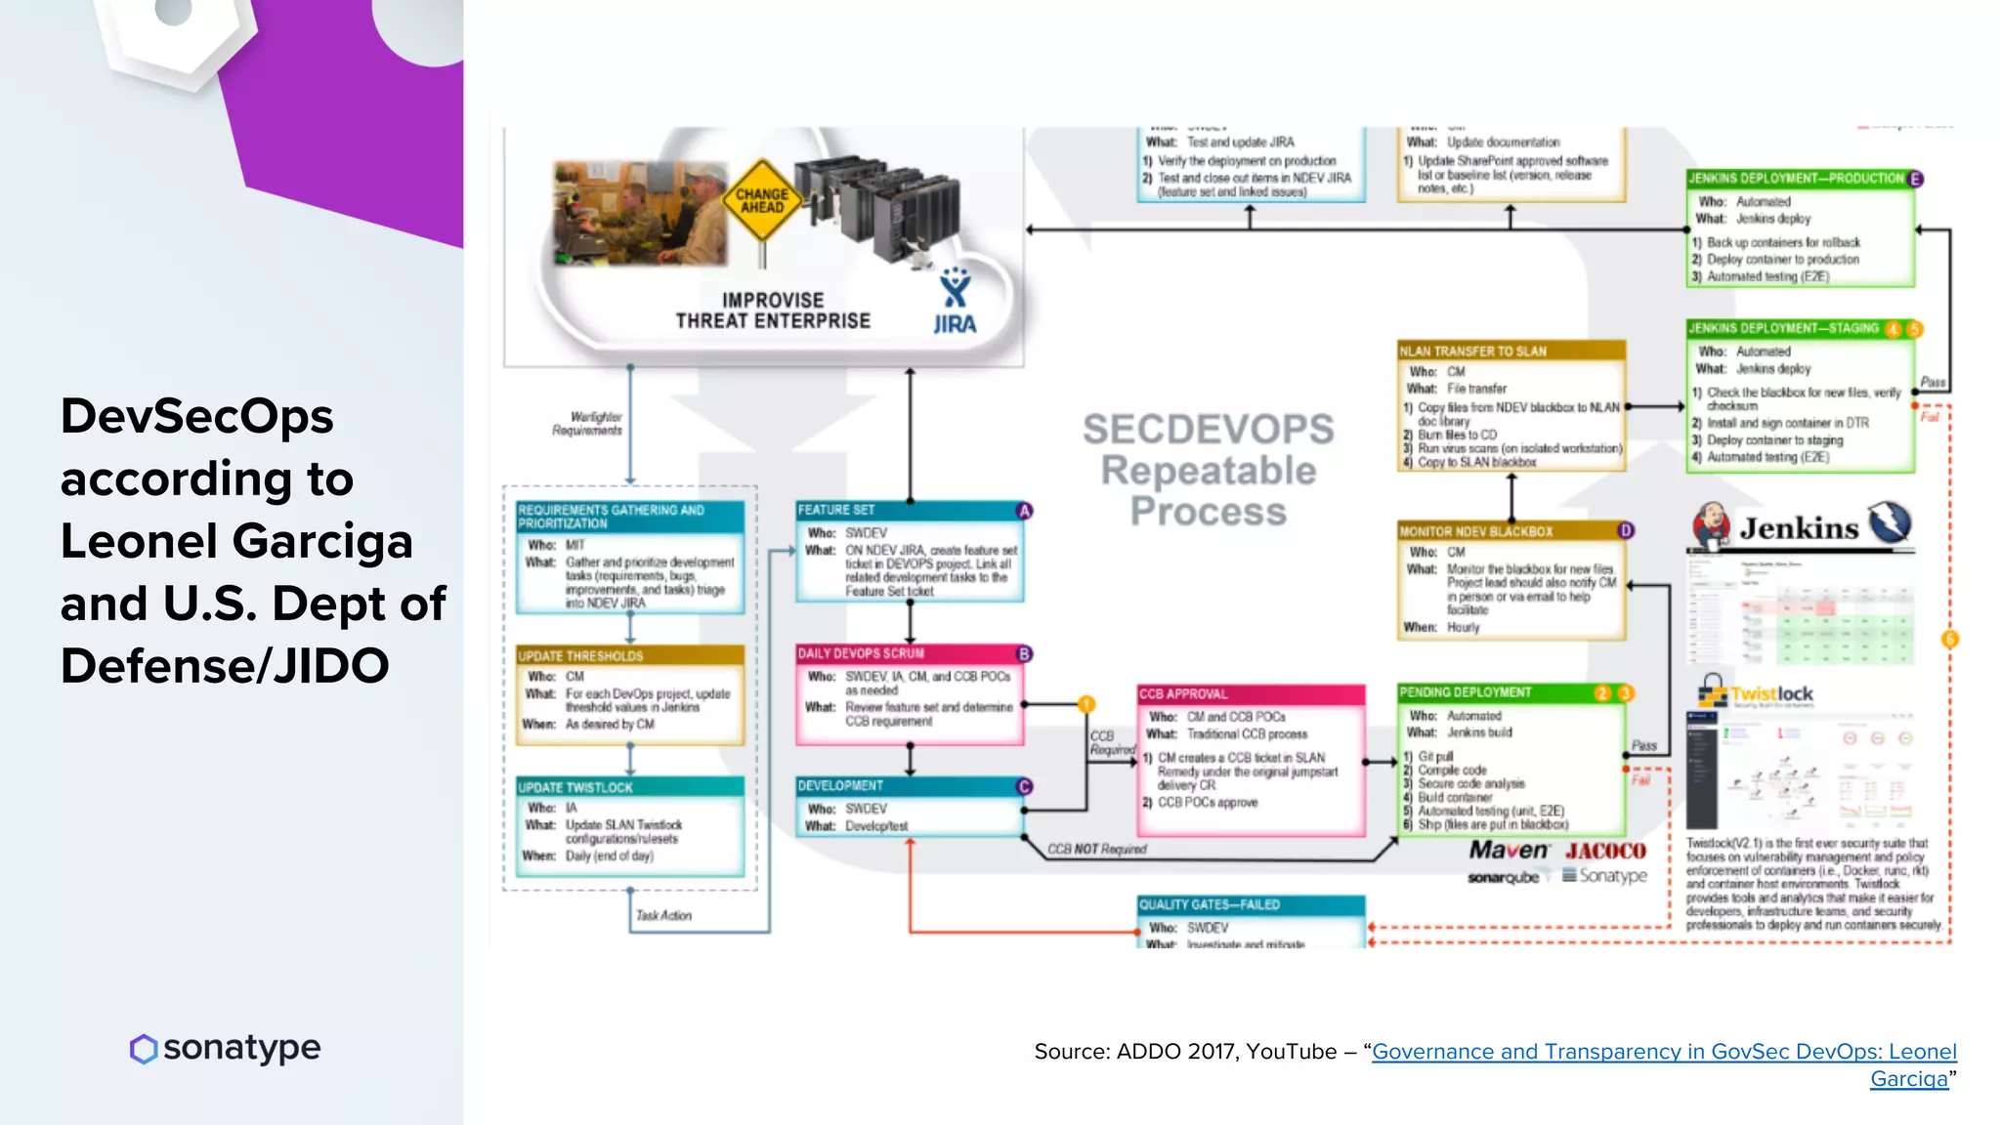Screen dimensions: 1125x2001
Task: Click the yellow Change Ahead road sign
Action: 761,201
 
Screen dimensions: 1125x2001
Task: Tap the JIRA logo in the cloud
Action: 955,305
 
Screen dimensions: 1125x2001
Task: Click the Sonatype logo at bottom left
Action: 226,1048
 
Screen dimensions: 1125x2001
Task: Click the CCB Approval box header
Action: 1250,694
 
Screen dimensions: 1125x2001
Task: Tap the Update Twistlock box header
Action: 629,787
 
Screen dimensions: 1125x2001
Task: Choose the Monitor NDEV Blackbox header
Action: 1509,531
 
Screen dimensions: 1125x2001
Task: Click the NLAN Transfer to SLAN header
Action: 1511,351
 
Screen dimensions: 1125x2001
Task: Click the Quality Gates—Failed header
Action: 1250,905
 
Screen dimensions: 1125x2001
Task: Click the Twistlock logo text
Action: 1771,694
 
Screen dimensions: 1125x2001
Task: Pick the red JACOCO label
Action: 1605,851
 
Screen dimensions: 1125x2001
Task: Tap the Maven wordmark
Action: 1509,851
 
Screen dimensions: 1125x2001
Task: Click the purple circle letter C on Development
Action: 1024,787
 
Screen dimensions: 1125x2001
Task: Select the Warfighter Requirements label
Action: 588,424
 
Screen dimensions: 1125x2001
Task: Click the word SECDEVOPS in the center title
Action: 1208,430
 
